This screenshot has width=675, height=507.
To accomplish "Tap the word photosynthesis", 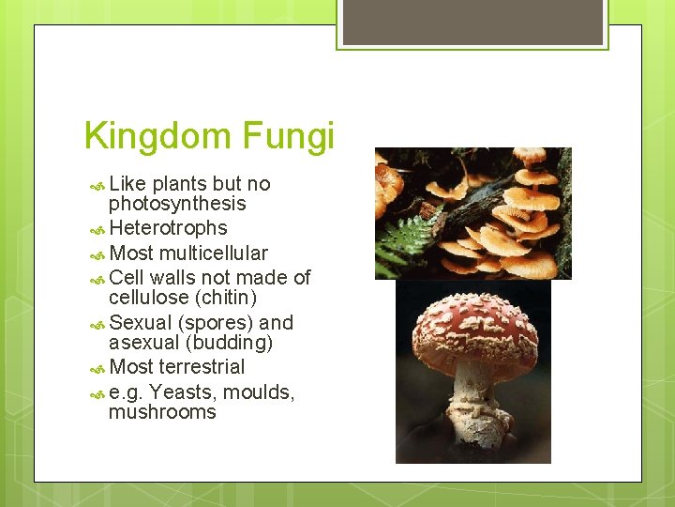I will tap(177, 204).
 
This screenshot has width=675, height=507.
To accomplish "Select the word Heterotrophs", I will tap(168, 228).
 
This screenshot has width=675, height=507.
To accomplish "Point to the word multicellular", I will tap(214, 253).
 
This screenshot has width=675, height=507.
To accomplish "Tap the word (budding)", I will tap(230, 343).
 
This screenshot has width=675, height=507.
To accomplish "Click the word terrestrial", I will tap(202, 367).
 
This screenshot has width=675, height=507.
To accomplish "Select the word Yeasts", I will tap(179, 392).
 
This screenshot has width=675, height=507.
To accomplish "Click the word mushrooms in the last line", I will tap(162, 412).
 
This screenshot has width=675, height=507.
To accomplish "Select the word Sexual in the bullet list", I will tap(140, 322).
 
